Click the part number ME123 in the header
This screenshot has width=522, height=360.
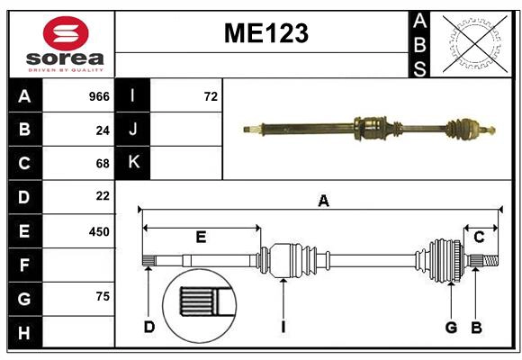pyautogui.click(x=265, y=34)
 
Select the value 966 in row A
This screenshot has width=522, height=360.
pyautogui.click(x=98, y=96)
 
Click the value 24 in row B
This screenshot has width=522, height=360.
pyautogui.click(x=102, y=130)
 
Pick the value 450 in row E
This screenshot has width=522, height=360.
pyautogui.click(x=98, y=231)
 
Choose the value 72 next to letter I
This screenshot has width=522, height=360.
pyautogui.click(x=211, y=96)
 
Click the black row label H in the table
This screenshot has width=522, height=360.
pyautogui.click(x=24, y=333)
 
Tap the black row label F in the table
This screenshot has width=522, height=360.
pyautogui.click(x=24, y=265)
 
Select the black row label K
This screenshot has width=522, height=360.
pyautogui.click(x=133, y=164)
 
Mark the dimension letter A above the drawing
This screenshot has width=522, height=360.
pyautogui.click(x=323, y=202)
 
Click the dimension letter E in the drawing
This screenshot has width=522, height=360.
pyautogui.click(x=201, y=238)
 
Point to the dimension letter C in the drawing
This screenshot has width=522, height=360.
pyautogui.click(x=480, y=238)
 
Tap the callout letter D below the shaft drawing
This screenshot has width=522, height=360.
pyautogui.click(x=149, y=327)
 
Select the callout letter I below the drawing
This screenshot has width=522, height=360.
pyautogui.click(x=283, y=327)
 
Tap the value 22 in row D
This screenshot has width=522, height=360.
pyautogui.click(x=102, y=196)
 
